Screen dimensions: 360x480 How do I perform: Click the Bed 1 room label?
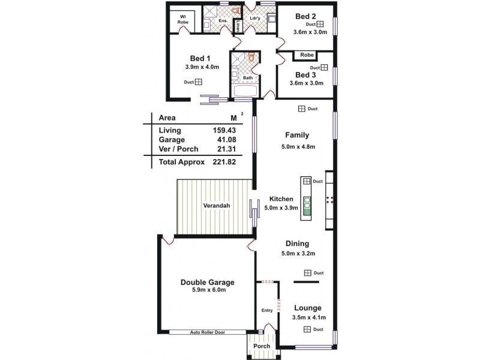coord(200,58)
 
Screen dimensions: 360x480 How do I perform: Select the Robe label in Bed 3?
coord(307,55)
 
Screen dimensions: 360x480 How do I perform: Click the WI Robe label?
coord(182,19)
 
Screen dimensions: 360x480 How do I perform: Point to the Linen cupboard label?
coord(238,26)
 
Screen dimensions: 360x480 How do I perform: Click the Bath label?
coord(247,78)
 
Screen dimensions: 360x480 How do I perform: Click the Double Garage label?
coord(208,282)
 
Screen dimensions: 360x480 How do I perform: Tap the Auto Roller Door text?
coord(208,332)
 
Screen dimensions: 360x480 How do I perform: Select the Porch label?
coord(261,346)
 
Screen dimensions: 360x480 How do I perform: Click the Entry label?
coord(267,310)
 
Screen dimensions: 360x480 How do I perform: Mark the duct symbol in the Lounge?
coord(307,329)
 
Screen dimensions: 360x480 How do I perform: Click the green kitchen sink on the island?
coord(307,205)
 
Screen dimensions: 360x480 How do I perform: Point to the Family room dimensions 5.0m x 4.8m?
coord(298,146)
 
